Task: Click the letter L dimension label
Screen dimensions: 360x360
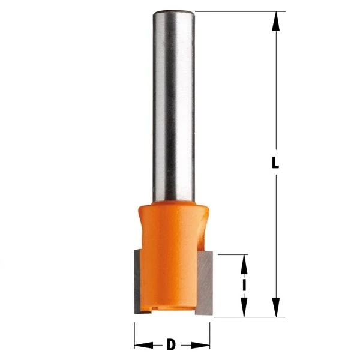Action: click(275, 163)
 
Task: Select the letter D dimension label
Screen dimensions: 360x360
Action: click(171, 344)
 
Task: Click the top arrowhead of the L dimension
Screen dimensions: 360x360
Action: click(275, 21)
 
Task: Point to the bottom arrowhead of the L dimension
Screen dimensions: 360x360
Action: click(275, 307)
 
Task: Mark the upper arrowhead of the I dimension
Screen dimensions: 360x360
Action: click(244, 263)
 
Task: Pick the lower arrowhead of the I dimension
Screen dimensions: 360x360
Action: click(244, 308)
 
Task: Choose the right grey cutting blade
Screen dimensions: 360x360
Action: click(205, 282)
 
